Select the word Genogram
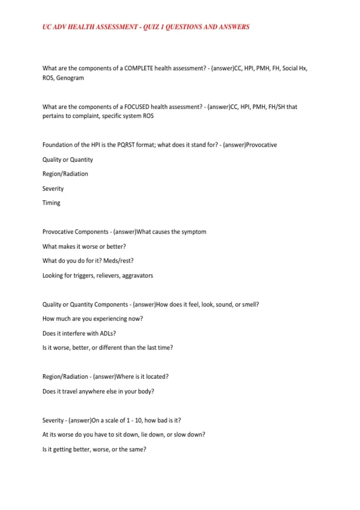click(70, 78)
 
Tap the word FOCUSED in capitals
click(136, 107)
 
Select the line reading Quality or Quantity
click(67, 160)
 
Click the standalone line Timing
click(51, 203)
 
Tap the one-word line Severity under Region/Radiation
click(53, 189)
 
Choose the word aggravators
click(137, 276)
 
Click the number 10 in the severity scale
click(138, 421)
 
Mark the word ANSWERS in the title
click(234, 27)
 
